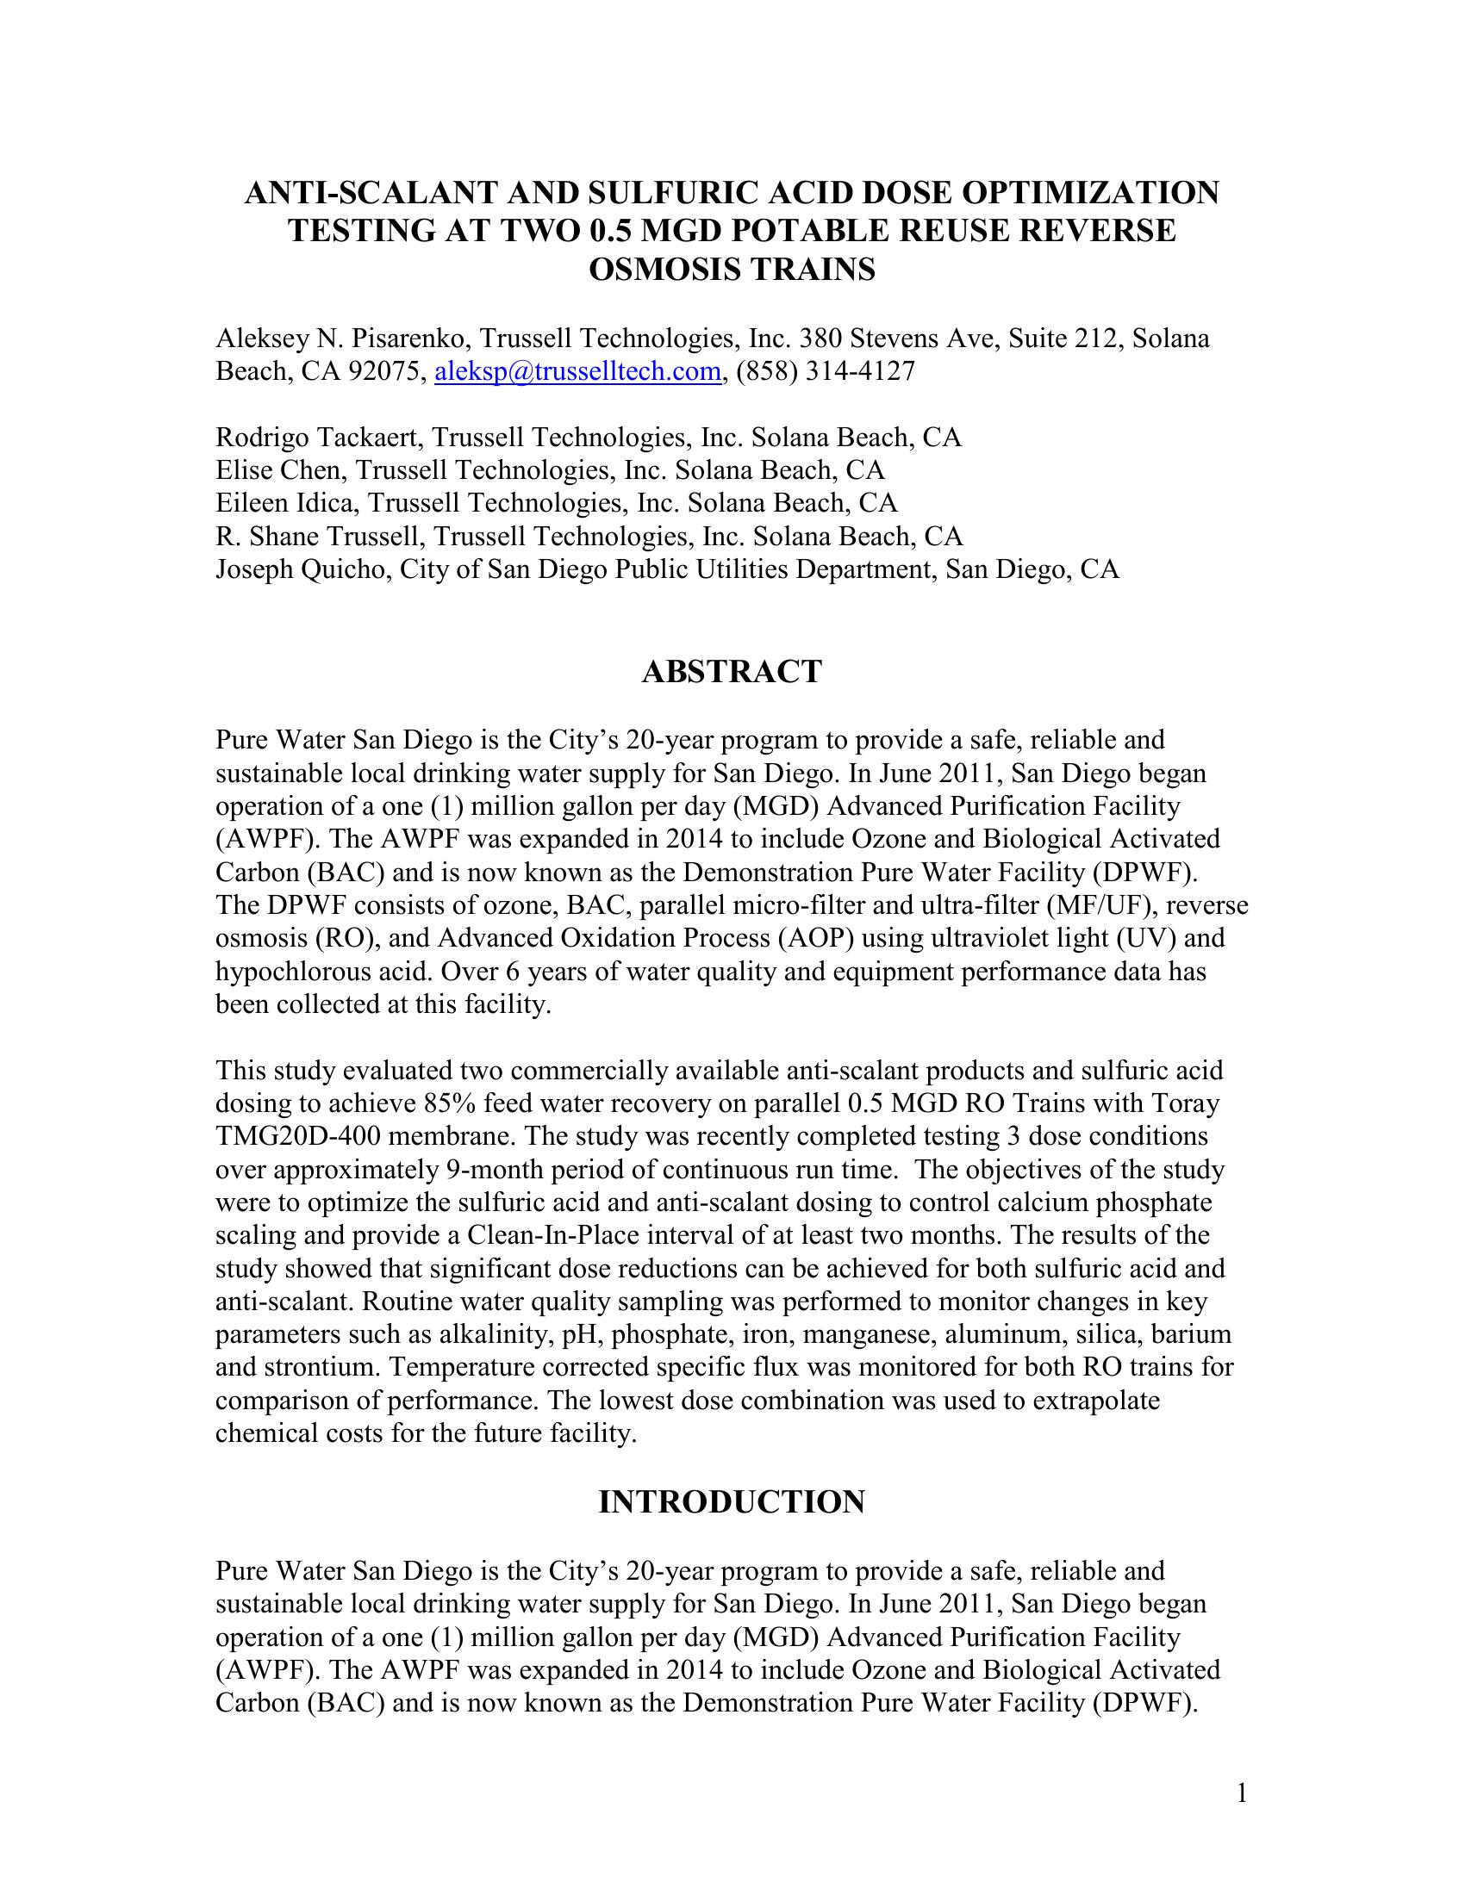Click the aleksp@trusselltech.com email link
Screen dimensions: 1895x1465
pos(577,371)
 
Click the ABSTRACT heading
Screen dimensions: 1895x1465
pos(732,672)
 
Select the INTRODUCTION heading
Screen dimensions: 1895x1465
pos(732,1502)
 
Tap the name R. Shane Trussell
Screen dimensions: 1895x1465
pos(317,537)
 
